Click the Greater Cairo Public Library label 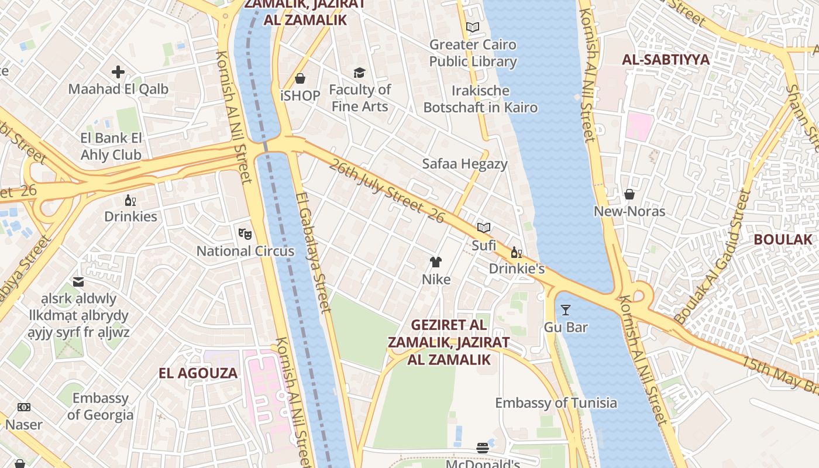(x=473, y=53)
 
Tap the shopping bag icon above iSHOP (x=300, y=78)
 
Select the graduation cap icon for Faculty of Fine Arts (x=359, y=73)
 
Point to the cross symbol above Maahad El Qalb (x=118, y=72)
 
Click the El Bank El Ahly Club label (x=111, y=147)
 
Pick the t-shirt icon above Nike (x=436, y=262)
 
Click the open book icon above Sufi (x=483, y=228)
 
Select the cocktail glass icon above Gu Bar (x=565, y=310)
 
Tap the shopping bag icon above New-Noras (x=629, y=194)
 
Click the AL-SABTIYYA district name (x=666, y=60)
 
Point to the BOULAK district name (x=783, y=239)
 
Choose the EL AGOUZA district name (x=198, y=373)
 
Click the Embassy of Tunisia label (x=556, y=402)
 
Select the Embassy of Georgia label (x=100, y=407)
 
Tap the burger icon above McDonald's (x=483, y=448)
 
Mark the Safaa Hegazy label (x=464, y=164)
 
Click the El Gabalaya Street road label (x=314, y=253)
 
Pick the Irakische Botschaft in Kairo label (x=480, y=99)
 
